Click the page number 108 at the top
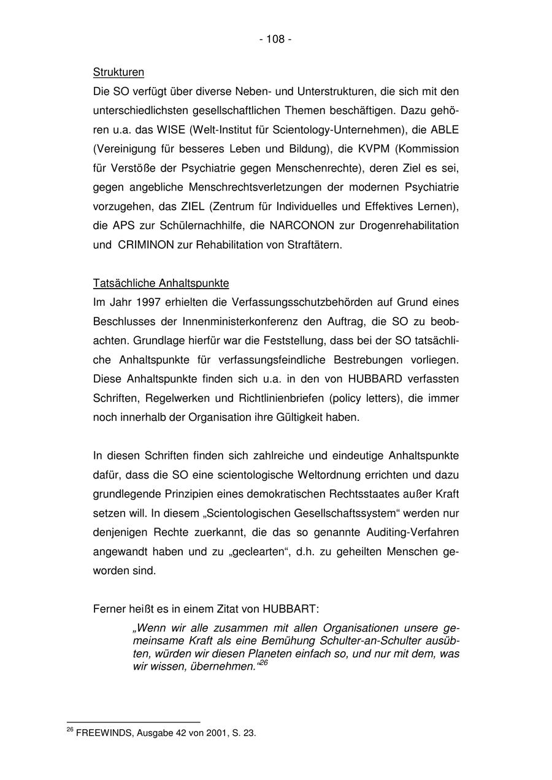click(275, 39)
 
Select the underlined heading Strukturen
click(118, 72)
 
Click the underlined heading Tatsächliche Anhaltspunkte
click(161, 283)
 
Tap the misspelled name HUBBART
click(290, 609)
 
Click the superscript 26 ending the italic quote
click(264, 663)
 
